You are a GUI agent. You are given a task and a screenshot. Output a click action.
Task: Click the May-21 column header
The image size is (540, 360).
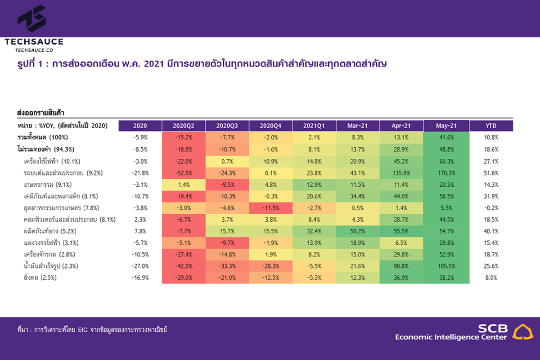click(445, 126)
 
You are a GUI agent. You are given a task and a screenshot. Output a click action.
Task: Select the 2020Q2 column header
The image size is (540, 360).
click(184, 126)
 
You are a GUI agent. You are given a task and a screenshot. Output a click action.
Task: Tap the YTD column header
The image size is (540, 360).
click(491, 126)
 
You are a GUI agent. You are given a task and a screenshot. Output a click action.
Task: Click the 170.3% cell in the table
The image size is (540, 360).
click(445, 173)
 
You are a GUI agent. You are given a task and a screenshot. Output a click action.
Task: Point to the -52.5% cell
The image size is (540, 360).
click(184, 173)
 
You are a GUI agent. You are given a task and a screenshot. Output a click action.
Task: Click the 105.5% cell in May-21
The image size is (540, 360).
click(445, 266)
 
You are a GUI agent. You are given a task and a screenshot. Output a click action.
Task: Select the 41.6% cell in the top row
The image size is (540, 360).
click(445, 137)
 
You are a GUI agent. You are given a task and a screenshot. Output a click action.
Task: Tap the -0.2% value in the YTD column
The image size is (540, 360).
click(491, 208)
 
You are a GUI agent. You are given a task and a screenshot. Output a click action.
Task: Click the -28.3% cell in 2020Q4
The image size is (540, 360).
click(271, 266)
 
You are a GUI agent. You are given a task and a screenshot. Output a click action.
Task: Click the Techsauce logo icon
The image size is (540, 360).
click(32, 19)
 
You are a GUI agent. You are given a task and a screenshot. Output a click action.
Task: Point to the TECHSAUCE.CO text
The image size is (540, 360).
click(34, 50)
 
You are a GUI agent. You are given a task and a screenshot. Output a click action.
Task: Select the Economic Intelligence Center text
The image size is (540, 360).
click(451, 337)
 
